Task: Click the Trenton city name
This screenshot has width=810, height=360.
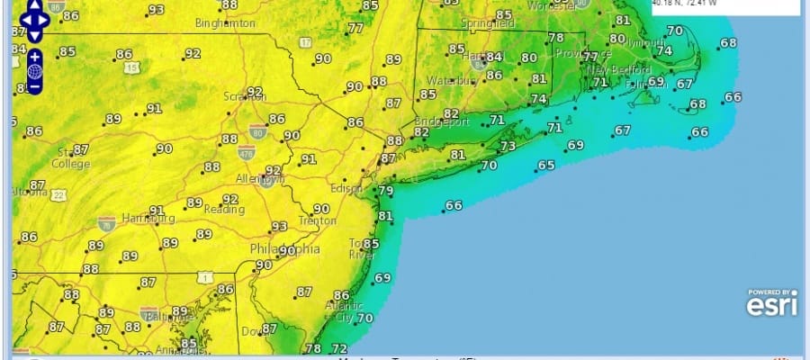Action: click(318, 220)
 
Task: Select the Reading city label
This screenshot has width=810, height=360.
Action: click(223, 211)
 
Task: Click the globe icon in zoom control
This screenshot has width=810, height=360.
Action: click(33, 71)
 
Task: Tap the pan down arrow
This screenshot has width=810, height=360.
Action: click(34, 34)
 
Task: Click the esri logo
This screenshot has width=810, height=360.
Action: click(771, 307)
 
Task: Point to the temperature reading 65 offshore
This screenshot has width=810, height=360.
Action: click(545, 166)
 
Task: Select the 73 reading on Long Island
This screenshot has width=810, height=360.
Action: click(508, 146)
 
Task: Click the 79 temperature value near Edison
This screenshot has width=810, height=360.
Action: click(386, 191)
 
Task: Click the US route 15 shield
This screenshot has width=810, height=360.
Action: click(132, 67)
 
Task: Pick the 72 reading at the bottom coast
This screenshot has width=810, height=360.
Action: click(339, 348)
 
